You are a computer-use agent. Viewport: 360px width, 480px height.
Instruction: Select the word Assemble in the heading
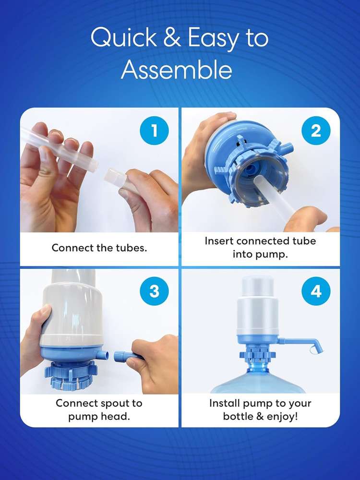pos(176,70)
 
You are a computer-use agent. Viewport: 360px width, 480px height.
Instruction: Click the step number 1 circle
pos(154,131)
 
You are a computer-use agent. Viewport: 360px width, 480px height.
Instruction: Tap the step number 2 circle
pos(315,131)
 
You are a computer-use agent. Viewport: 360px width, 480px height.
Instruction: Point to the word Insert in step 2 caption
pos(220,240)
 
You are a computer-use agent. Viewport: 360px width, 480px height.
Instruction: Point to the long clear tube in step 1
pos(58,146)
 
